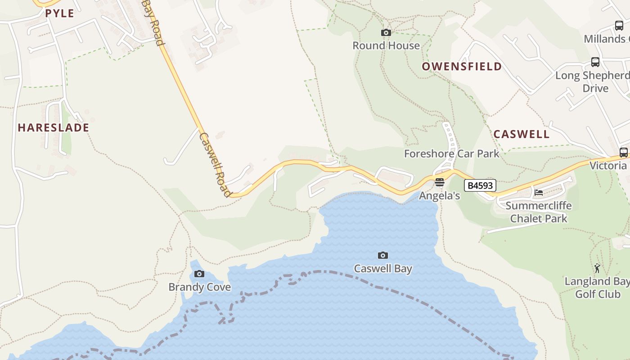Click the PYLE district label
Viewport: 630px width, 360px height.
pyautogui.click(x=59, y=13)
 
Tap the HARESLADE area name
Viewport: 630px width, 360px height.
pyautogui.click(x=53, y=128)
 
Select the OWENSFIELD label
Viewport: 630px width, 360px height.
pyautogui.click(x=462, y=67)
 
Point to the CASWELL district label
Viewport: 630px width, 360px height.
pyautogui.click(x=522, y=134)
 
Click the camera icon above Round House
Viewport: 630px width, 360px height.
pyautogui.click(x=386, y=32)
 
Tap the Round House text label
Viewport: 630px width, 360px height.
pyautogui.click(x=386, y=45)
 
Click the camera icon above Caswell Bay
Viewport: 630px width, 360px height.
pyautogui.click(x=382, y=256)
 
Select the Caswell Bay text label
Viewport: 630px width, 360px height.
pyautogui.click(x=383, y=269)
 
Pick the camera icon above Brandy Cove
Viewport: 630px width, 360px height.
pyautogui.click(x=199, y=274)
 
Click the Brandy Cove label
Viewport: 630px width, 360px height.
pyautogui.click(x=199, y=287)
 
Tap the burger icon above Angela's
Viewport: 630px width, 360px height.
pyautogui.click(x=439, y=183)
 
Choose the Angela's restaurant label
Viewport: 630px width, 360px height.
pyautogui.click(x=439, y=196)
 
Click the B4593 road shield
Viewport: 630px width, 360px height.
pyautogui.click(x=480, y=185)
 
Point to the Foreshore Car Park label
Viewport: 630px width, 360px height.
pyautogui.click(x=451, y=153)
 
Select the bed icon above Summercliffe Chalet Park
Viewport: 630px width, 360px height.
pyautogui.click(x=538, y=193)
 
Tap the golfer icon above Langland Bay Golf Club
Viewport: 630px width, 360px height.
pyautogui.click(x=597, y=268)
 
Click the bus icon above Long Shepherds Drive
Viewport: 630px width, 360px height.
pyautogui.click(x=595, y=62)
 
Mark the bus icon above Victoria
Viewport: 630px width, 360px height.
pyautogui.click(x=623, y=153)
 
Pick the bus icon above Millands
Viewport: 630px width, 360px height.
pyautogui.click(x=619, y=26)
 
